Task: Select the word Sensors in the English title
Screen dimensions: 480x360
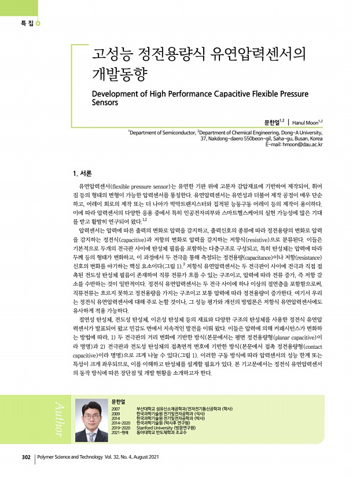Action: coord(105,103)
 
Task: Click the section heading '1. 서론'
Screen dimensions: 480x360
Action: coord(79,173)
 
